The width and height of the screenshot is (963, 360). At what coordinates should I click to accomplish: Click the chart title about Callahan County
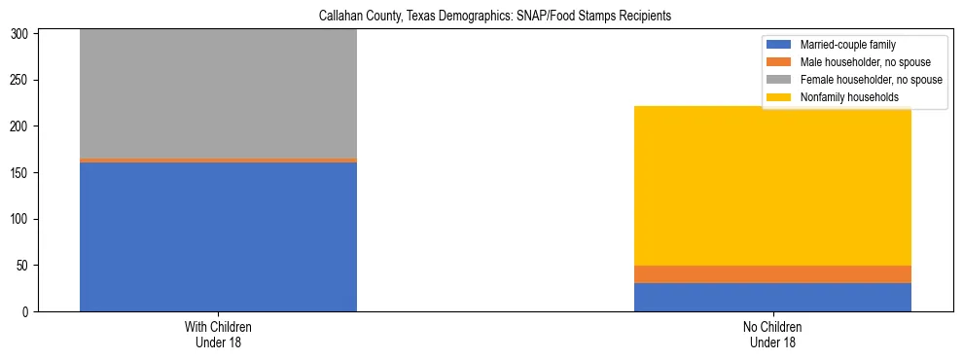pos(496,17)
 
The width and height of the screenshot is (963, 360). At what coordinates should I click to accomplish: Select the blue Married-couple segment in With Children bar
pos(218,236)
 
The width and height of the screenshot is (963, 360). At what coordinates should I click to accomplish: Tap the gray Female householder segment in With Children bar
pos(218,93)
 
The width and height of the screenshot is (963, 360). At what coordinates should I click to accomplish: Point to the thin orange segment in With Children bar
pos(218,160)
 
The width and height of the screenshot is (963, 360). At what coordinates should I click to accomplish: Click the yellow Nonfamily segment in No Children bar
pos(772,186)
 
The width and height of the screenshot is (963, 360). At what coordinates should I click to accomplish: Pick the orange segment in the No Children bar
pos(772,274)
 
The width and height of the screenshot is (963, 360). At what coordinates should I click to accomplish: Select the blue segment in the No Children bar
pos(772,297)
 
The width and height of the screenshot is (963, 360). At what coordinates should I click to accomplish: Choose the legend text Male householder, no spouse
pos(859,62)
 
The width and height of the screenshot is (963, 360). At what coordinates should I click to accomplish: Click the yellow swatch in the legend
pos(779,97)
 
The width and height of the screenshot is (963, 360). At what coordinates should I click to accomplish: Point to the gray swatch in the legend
pos(779,80)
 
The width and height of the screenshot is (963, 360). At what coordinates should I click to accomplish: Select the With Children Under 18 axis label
pos(218,334)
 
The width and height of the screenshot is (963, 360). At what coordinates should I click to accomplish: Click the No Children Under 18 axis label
pos(772,334)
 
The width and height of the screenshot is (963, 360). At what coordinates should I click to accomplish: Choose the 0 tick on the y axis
pos(30,312)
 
